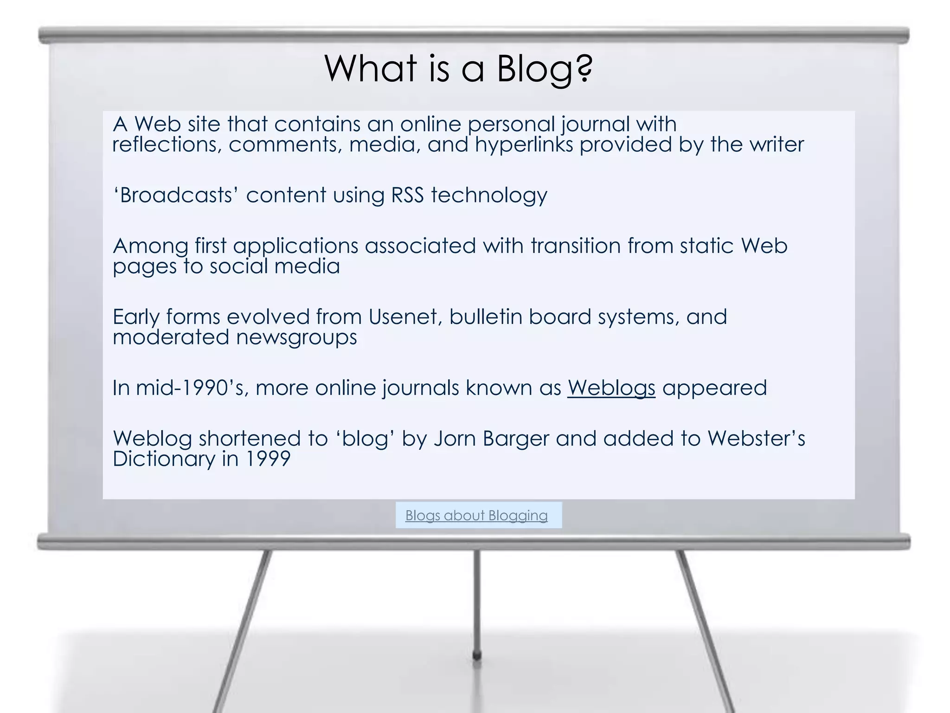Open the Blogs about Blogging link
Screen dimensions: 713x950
tap(476, 515)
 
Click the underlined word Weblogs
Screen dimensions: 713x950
tap(611, 388)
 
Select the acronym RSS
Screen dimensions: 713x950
tap(407, 195)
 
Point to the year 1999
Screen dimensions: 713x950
tap(268, 459)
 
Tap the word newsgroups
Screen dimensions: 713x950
tap(296, 337)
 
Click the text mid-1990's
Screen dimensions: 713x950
tap(192, 388)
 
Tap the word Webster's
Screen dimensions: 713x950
tap(756, 439)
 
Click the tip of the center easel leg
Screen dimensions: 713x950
tap(476, 656)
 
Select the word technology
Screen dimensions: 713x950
tap(489, 195)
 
